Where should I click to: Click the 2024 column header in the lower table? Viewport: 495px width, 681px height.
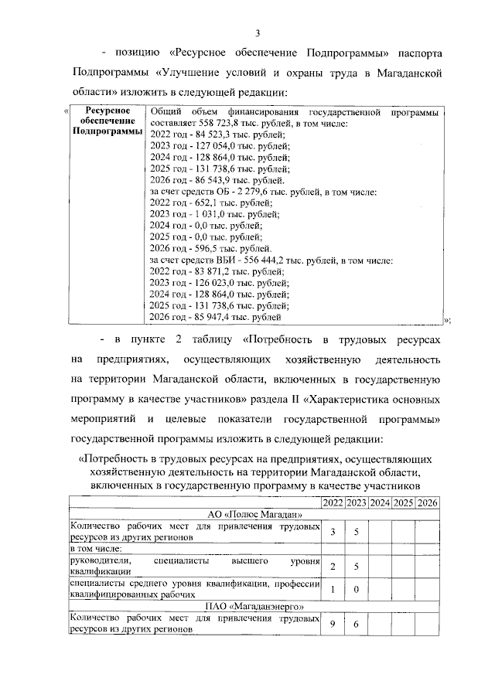(380, 503)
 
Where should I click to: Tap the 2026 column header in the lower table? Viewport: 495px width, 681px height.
(427, 503)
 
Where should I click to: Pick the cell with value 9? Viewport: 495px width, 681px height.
(333, 623)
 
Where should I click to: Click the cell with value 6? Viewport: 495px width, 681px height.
(357, 623)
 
